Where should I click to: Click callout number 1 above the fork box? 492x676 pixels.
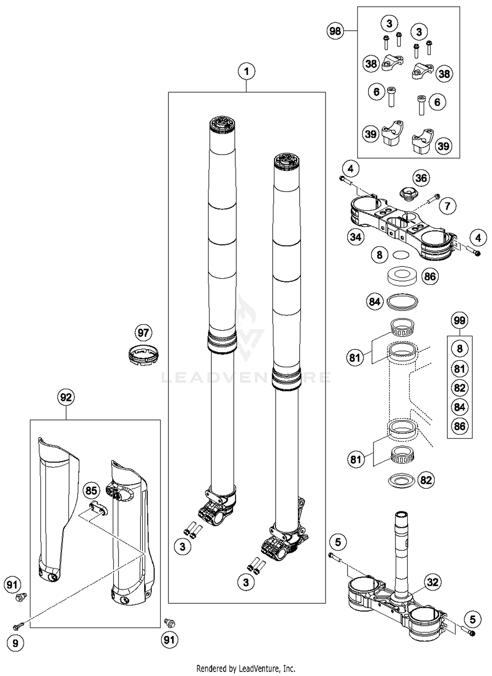coord(246,71)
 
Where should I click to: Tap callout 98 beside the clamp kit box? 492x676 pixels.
coord(335,31)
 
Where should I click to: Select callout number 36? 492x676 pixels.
coord(421,178)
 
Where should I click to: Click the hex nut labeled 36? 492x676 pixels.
coord(409,193)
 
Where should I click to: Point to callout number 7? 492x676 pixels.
coord(447,206)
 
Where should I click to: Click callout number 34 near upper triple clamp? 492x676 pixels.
coord(356,237)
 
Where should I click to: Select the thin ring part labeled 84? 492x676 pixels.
coord(402,301)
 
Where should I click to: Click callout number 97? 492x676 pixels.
coord(143,333)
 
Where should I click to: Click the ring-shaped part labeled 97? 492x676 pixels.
coord(143,355)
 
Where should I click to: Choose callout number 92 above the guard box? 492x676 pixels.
coord(66,397)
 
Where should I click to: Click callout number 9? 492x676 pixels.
coord(15,643)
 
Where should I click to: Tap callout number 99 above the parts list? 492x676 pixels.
coord(460,320)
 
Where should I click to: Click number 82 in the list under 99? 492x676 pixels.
coord(460,388)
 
